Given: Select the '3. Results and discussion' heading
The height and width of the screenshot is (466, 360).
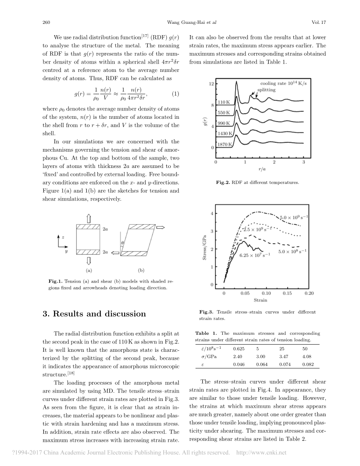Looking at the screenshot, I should point(94,314).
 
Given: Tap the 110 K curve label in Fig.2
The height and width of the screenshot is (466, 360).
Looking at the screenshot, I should point(224,102).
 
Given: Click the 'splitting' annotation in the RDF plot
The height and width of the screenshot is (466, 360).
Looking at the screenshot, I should point(267,90).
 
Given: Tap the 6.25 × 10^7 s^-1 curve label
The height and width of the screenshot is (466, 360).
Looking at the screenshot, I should point(255,255).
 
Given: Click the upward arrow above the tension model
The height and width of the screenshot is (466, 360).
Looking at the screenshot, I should point(89,218).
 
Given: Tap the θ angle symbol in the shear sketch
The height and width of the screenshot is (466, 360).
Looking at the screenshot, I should point(122,242).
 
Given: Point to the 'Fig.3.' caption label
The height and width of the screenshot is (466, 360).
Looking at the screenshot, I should point(206,312).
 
